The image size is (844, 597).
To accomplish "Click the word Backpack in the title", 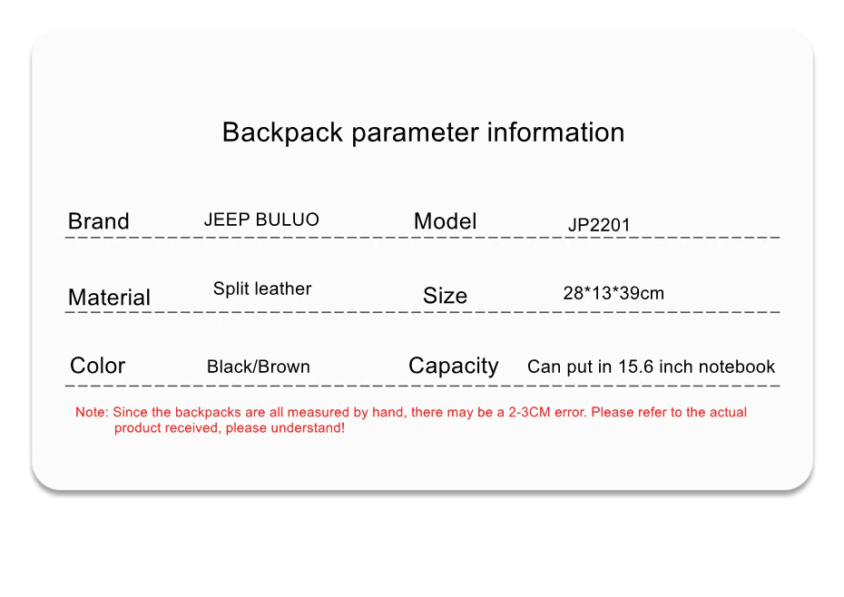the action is click(282, 132).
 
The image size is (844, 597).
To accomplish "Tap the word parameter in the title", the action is click(415, 133).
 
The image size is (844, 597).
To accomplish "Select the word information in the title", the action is click(555, 132).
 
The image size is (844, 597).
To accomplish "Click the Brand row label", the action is click(99, 220).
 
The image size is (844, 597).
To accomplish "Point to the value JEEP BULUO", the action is click(261, 220).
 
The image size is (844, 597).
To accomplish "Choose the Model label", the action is click(446, 220).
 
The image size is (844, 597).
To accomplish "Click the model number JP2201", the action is click(599, 224).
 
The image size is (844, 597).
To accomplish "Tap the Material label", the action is click(109, 298).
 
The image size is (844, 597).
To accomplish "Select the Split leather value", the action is click(262, 289).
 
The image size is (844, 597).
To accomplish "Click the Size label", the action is click(446, 296).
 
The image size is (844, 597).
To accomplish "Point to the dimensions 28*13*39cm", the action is click(613, 293).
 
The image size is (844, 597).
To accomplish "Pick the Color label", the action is click(97, 366).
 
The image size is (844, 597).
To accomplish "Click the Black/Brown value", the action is click(259, 367).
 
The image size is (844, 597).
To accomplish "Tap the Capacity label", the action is click(454, 367).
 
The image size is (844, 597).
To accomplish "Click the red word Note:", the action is click(92, 412).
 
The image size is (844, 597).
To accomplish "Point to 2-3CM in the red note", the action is click(530, 412).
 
